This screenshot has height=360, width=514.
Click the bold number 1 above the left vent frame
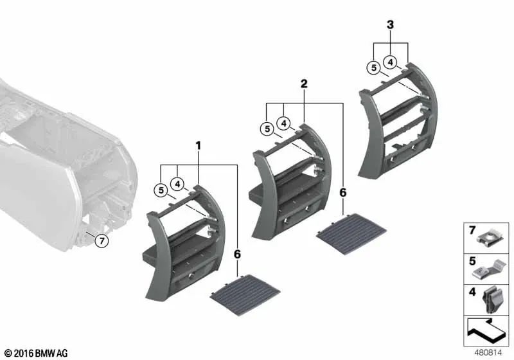point(199,147)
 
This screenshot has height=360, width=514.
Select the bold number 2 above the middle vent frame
point(304,84)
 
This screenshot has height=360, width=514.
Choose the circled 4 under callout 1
point(178,184)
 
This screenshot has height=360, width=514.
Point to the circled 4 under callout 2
point(283,123)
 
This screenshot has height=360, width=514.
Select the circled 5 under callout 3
point(373,66)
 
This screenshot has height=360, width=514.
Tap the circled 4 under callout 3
point(390,62)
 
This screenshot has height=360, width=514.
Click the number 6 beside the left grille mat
point(237,255)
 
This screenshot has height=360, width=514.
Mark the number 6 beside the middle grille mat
point(342,192)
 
